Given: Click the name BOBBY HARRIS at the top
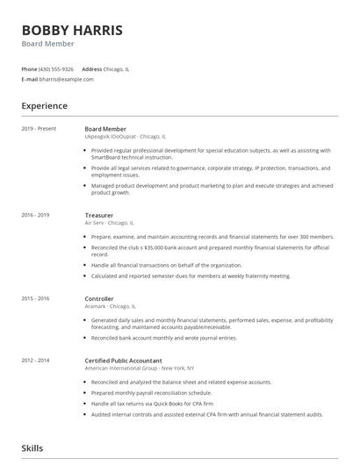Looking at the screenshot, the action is click(x=72, y=30).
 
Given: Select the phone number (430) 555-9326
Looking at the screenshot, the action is click(x=56, y=68).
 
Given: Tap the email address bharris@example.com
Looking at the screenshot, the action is click(x=68, y=79).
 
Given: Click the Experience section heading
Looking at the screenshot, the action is click(x=45, y=106).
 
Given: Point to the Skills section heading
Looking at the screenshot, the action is click(x=32, y=448).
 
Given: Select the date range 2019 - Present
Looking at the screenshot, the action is click(x=39, y=129).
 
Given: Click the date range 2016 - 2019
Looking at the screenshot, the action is click(x=35, y=215).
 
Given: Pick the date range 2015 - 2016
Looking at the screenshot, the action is click(x=35, y=298).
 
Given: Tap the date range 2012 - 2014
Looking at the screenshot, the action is click(x=35, y=360).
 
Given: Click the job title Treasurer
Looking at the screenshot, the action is click(x=99, y=215).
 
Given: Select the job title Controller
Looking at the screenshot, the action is click(x=99, y=298).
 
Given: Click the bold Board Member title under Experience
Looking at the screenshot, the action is click(x=105, y=129).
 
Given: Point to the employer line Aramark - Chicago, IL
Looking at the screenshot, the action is click(x=111, y=306).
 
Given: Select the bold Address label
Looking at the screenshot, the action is click(x=91, y=68).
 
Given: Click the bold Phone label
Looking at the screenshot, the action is click(x=29, y=68).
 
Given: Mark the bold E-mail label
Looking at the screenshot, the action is click(x=30, y=79).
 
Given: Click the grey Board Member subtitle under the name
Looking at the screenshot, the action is click(x=48, y=44).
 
